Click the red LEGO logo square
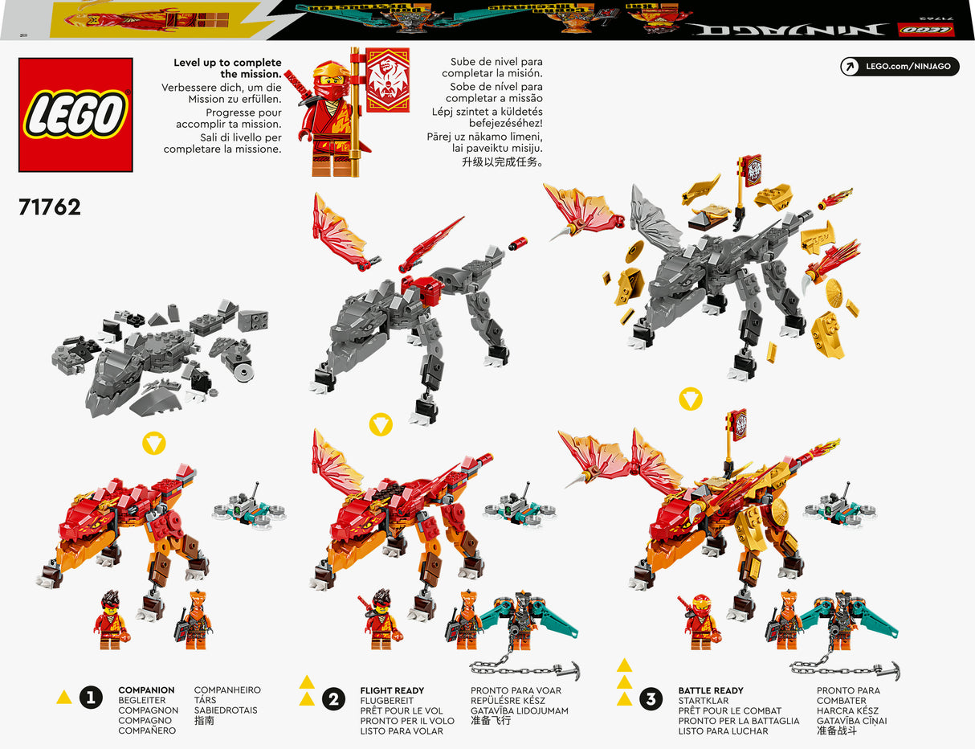[x=75, y=115]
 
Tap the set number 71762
[x=50, y=207]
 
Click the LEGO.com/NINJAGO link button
[x=900, y=66]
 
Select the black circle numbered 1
[x=91, y=698]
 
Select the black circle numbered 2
[x=333, y=698]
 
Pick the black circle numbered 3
[x=651, y=698]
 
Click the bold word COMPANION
[x=146, y=690]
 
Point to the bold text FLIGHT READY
[x=392, y=690]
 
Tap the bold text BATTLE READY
[x=711, y=690]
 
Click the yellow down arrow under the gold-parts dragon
[x=691, y=399]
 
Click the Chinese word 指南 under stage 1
[x=206, y=721]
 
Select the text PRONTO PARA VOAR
[x=516, y=690]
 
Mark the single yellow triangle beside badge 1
[x=64, y=698]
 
